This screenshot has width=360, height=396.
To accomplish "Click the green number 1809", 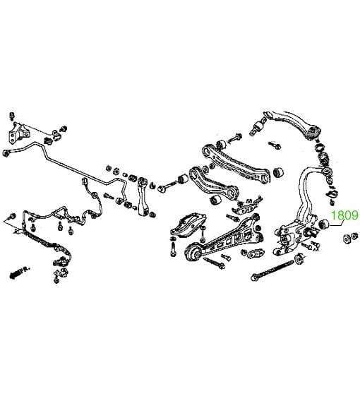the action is click(344, 215).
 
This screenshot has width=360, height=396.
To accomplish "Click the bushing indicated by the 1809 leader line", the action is click(323, 224).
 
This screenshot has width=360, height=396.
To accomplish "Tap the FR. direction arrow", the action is click(20, 272).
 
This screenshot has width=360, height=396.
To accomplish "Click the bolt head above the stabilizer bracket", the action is click(12, 116).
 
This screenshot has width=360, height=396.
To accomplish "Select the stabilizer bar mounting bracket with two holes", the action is click(18, 133).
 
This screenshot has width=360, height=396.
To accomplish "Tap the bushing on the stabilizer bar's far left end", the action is click(6, 152).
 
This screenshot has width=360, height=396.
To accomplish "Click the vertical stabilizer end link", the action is click(143, 196).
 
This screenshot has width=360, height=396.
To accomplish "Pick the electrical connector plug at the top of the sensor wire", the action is click(85, 181).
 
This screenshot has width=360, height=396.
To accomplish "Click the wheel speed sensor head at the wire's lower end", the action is click(61, 261).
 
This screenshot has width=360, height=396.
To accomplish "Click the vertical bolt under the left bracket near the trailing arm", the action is click(173, 248).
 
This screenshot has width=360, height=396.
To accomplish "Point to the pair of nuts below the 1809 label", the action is click(350, 237).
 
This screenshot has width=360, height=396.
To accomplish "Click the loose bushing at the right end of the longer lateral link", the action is click(278, 172).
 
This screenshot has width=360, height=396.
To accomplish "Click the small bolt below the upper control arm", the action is click(275, 145).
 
